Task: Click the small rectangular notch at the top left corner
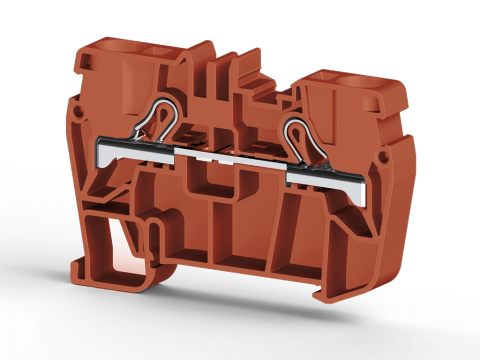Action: point(88,62)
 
